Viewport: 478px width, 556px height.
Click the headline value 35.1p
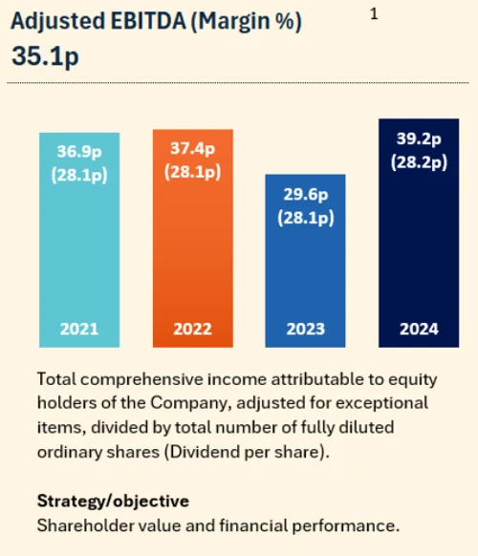click(45, 56)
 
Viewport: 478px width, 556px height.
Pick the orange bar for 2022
click(193, 258)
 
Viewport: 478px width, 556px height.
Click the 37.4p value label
click(193, 150)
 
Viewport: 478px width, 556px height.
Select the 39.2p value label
click(419, 139)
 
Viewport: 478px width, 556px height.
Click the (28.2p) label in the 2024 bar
click(419, 161)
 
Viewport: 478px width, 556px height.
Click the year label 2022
click(193, 329)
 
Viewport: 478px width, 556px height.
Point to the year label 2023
click(305, 329)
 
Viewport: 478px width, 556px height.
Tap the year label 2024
click(419, 329)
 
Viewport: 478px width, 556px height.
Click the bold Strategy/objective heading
click(112, 501)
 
